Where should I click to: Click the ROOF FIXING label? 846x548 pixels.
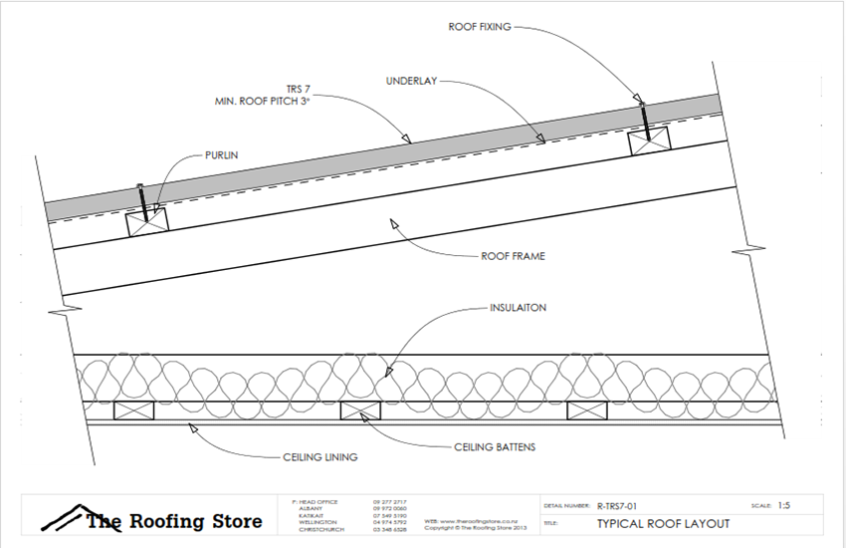point(480,27)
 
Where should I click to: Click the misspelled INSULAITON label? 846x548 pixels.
point(518,309)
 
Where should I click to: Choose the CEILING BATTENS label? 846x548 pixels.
point(495,447)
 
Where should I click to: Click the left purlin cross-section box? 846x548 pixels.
point(146,221)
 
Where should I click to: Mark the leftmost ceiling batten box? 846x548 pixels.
point(132,410)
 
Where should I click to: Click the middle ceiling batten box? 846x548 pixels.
point(360,410)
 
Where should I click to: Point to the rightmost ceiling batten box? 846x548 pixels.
point(587,410)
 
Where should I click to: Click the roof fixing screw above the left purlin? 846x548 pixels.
point(141,203)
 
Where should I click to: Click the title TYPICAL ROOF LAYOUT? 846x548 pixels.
point(663,523)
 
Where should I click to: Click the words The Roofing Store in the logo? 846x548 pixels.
point(175,521)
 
